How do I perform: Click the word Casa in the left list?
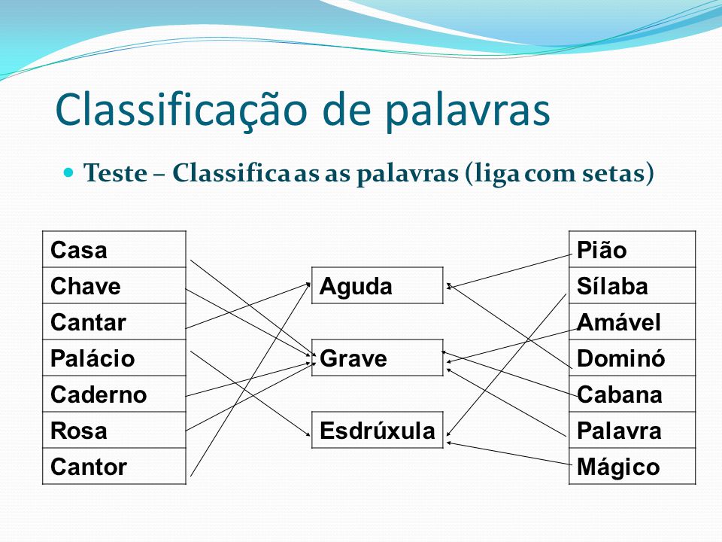(79, 250)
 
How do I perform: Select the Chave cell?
(114, 286)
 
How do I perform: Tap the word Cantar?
(88, 322)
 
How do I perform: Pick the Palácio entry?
(114, 358)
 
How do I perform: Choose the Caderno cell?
(114, 394)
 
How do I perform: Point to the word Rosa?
(79, 431)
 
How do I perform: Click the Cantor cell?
(114, 467)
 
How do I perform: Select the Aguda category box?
(377, 286)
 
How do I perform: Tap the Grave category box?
(377, 358)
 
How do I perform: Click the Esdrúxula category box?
(377, 430)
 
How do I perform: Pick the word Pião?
(602, 250)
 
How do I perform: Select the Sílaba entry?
(633, 286)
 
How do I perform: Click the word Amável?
(618, 322)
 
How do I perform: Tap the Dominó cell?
(633, 358)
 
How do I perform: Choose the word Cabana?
(619, 394)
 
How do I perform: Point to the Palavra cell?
(633, 430)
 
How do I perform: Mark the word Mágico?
(618, 467)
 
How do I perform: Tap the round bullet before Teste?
(68, 173)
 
